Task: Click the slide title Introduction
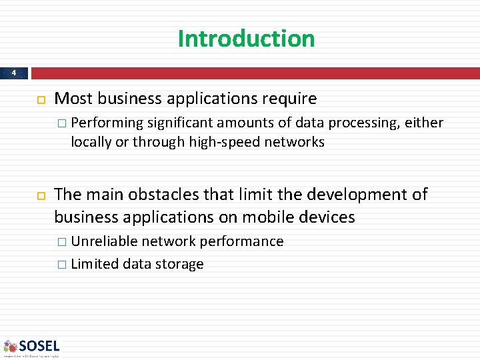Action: point(246,39)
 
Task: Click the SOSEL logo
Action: point(31,347)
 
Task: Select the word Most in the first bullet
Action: point(73,99)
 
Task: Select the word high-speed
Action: point(223,142)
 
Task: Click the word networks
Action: point(295,142)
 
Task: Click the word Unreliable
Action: point(105,241)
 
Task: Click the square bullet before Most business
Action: point(39,99)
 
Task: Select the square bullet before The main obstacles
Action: point(39,195)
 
